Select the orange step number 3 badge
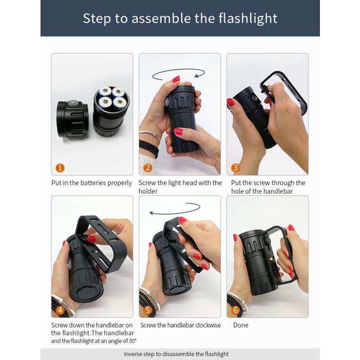coord(235,168)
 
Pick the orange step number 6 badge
coord(235,310)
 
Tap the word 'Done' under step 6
coord(240,325)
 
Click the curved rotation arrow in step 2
coord(179,73)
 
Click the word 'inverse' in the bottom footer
coord(134,354)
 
